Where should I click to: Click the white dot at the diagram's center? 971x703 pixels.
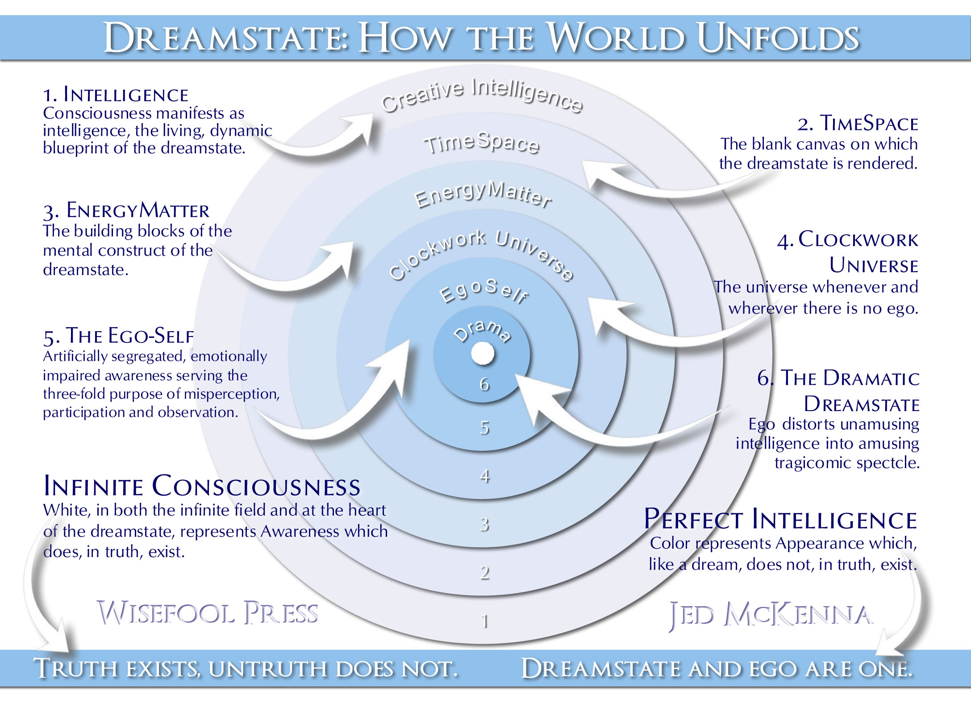click(483, 354)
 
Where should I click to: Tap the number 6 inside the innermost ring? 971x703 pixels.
click(484, 384)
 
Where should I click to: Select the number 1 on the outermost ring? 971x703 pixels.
click(485, 621)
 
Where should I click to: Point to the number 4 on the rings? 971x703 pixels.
click(485, 476)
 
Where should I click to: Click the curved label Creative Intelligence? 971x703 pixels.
click(482, 95)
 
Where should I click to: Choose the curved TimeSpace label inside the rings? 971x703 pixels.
click(482, 143)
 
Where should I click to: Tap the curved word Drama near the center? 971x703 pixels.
click(482, 331)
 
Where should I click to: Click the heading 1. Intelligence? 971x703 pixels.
click(116, 95)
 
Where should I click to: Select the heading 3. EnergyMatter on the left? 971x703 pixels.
click(126, 211)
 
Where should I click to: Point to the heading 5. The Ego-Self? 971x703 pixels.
click(119, 336)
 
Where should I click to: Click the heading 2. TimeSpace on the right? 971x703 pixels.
click(858, 123)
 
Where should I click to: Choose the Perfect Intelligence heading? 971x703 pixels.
click(781, 519)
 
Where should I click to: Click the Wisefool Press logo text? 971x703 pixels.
click(208, 612)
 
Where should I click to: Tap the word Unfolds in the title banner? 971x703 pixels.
click(778, 37)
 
